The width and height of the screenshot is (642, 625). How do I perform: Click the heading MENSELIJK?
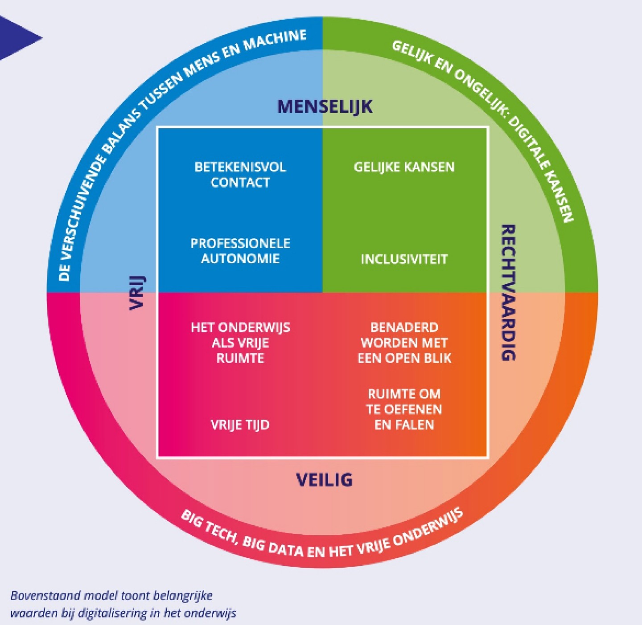point(325,107)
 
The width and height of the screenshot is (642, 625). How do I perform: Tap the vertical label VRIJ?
point(137,293)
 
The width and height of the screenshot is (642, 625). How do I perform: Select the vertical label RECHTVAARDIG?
point(509,292)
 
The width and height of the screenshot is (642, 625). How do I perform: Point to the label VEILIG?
point(325,480)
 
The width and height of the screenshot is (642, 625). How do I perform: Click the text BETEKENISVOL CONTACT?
point(240,175)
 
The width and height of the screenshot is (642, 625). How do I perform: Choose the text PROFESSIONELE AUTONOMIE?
point(240,251)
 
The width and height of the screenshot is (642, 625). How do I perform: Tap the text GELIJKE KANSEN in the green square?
point(404,167)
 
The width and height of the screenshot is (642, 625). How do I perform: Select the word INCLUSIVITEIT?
point(404,259)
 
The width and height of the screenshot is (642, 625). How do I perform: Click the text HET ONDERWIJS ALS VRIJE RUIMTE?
point(240,343)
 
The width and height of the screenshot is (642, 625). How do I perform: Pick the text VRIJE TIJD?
point(240,425)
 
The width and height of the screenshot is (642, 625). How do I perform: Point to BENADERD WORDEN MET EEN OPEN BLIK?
point(404,343)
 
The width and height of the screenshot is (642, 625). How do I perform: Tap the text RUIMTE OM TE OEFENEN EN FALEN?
point(404,409)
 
